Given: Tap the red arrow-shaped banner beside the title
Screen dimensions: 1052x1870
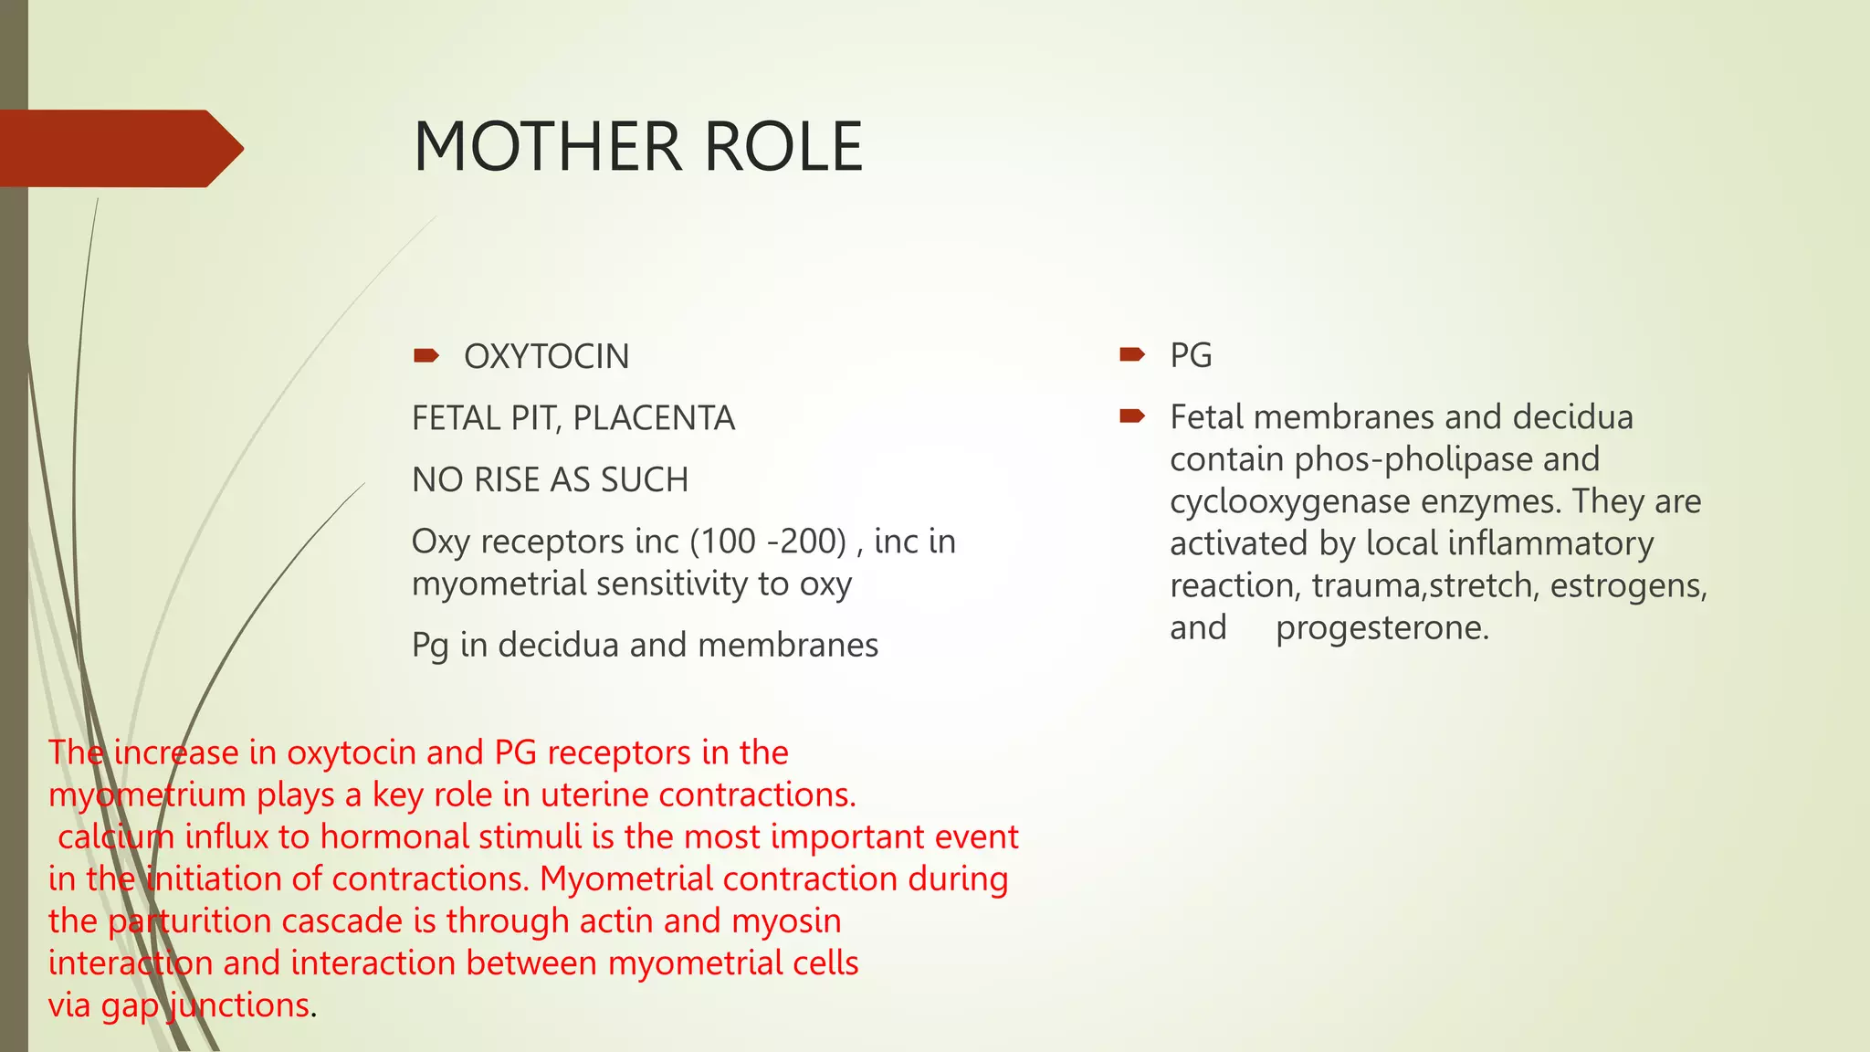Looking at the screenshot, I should pos(119,148).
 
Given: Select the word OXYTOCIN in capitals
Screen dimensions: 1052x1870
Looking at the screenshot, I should pos(546,356).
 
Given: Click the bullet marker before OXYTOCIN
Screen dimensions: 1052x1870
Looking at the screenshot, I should pos(425,355).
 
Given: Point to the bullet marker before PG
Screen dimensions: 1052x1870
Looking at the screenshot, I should pos(1132,354).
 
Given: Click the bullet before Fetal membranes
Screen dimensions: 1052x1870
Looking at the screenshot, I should pos(1132,416).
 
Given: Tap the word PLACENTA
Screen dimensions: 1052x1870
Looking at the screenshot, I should pos(654,418).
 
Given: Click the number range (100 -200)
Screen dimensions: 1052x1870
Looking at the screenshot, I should pos(769,542).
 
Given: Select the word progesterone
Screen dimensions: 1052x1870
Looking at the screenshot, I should pos(1381,627).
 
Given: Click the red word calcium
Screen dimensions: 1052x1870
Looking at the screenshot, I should pos(116,836).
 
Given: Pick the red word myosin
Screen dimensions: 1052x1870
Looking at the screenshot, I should pos(786,920).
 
